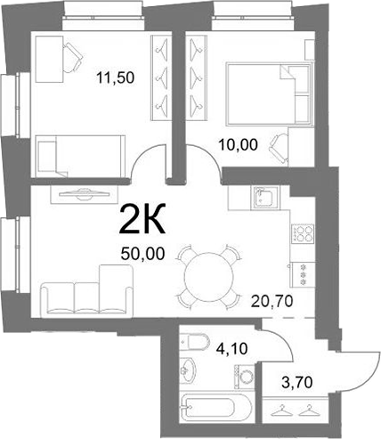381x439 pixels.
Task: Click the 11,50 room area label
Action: pos(116,77)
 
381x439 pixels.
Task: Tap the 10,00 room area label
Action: pos(238,145)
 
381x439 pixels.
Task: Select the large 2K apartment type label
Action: pos(142,219)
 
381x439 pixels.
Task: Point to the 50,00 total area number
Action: pos(142,254)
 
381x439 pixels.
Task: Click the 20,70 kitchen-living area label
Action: pos(272,302)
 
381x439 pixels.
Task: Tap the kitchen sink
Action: pos(264,198)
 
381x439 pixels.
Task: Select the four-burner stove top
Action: pos(303,233)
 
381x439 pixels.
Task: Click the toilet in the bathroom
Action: pos(195,341)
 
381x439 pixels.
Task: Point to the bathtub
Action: pos(216,406)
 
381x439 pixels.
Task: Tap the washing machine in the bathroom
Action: pos(245,377)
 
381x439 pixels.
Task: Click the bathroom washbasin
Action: pos(188,370)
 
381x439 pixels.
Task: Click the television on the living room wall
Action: pos(84,193)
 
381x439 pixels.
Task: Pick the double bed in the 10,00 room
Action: pos(270,94)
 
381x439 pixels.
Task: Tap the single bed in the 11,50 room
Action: pos(80,157)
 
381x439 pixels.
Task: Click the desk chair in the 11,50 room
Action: pos(73,57)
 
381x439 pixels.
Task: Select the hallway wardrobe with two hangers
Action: pos(296,409)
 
